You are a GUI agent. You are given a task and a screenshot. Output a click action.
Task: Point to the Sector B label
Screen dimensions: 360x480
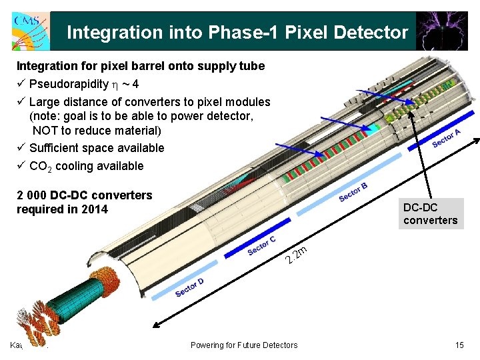pos(353,191)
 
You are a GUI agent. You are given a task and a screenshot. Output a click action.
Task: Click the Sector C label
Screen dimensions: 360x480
pos(261,245)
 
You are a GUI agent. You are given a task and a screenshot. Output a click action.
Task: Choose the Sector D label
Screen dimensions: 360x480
pos(189,287)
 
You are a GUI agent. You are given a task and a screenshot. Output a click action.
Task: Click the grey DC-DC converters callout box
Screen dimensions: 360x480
pos(431,213)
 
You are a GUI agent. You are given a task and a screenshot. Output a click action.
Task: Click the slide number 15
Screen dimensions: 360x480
pos(459,345)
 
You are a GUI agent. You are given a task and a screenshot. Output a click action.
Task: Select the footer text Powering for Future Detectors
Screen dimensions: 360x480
pos(244,345)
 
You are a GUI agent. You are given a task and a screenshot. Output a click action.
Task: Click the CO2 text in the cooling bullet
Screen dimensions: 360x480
pos(40,166)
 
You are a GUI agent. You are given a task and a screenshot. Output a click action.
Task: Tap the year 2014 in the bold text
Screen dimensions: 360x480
pos(94,209)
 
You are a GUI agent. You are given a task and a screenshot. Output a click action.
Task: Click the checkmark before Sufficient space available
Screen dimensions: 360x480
pos(21,148)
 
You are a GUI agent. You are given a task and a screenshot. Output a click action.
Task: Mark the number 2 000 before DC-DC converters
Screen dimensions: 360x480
pos(33,195)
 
